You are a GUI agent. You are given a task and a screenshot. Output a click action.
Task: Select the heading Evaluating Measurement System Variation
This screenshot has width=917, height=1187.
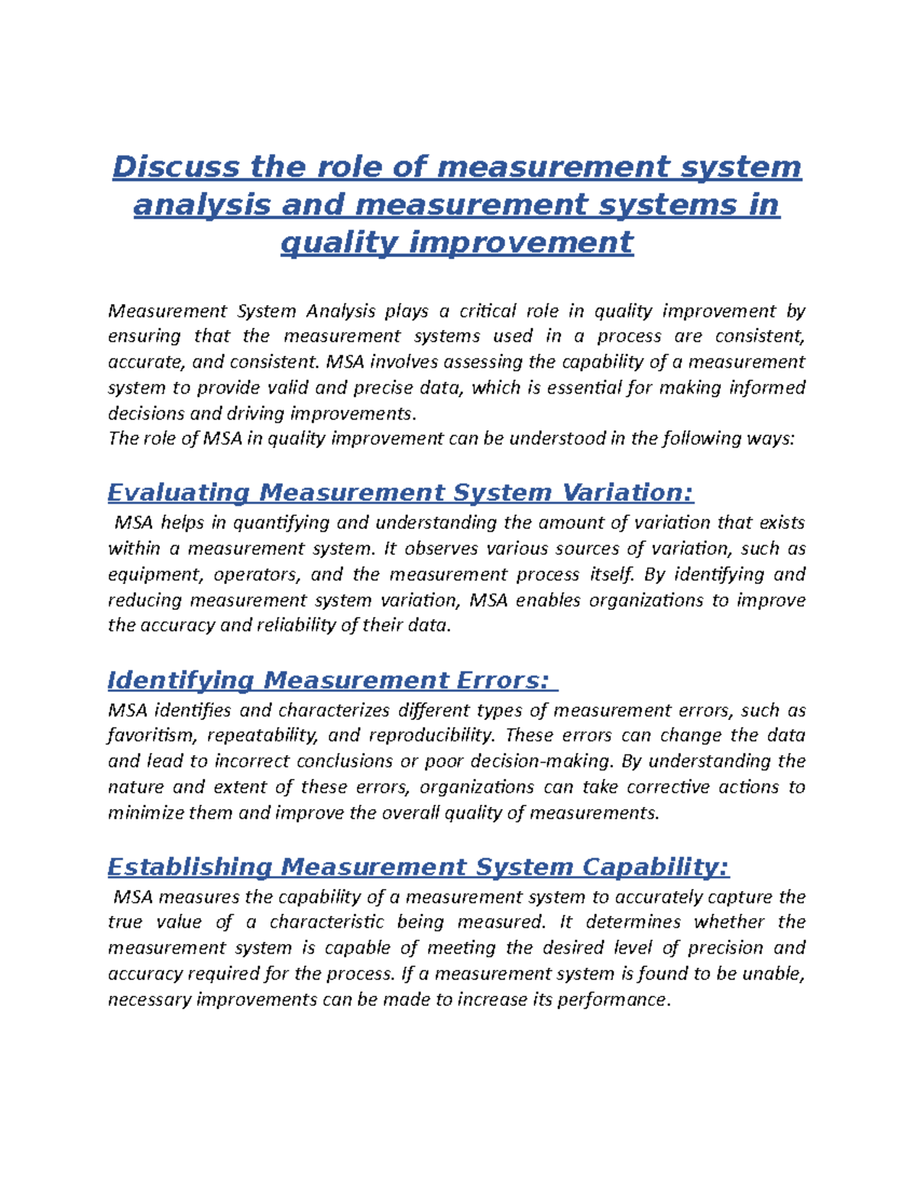tap(400, 493)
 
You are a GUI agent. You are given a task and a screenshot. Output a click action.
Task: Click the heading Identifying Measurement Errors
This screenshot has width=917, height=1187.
tap(329, 680)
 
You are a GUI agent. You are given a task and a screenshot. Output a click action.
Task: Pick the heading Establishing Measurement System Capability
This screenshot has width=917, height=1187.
tap(418, 867)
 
